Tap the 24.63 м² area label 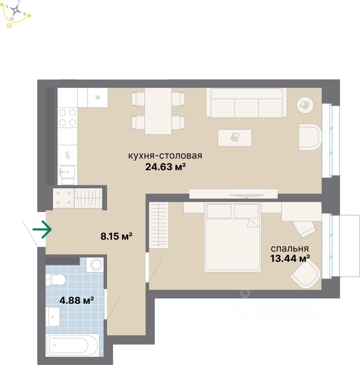coord(166,167)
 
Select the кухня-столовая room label coord(165,156)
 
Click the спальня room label coord(289,248)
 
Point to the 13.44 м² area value coord(290,258)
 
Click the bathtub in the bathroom coord(72,346)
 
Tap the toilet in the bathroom coord(57,280)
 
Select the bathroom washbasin coord(54,317)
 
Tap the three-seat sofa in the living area coord(246,103)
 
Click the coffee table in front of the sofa coord(235,137)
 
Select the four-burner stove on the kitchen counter coord(67,117)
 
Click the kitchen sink coord(67,171)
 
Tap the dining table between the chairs coord(158,111)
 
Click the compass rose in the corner coord(18,13)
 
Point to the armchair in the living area coord(310,137)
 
